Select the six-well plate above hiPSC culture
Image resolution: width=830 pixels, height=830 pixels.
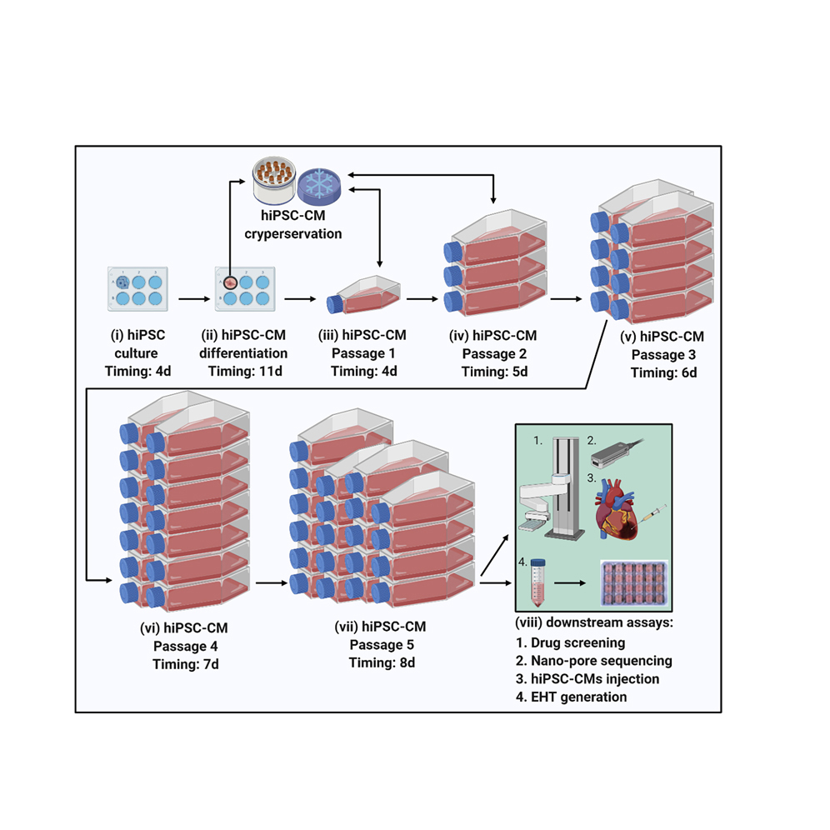138,287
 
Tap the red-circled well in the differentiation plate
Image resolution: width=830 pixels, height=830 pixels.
229,281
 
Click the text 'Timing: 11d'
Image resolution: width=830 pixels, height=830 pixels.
244,370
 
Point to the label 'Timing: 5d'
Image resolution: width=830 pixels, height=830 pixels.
494,370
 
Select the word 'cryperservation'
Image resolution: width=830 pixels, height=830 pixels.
292,234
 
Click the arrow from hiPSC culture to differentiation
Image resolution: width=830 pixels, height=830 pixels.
191,296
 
